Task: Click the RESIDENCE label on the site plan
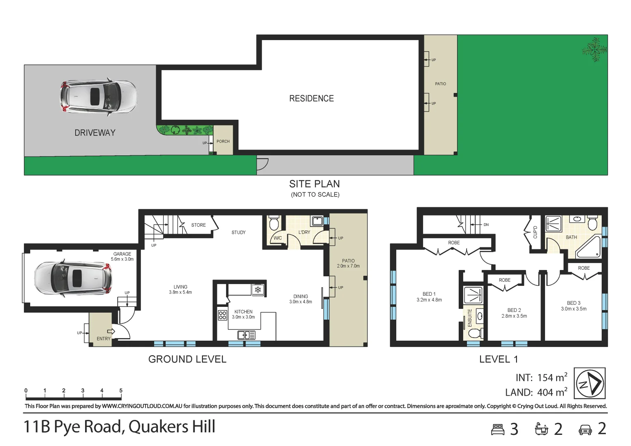tap(312, 98)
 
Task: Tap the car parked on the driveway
tap(99, 97)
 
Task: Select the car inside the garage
tap(73, 278)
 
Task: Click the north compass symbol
tap(590, 383)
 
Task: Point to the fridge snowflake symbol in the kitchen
tap(258, 289)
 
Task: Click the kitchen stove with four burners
tap(223, 315)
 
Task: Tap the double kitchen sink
tap(246, 335)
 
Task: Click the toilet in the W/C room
tap(274, 223)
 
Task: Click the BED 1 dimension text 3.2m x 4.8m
tap(429, 300)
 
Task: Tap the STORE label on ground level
tap(198, 225)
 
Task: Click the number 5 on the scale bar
tap(121, 391)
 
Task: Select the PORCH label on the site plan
tap(223, 141)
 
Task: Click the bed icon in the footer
tap(498, 429)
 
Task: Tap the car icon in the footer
tap(586, 429)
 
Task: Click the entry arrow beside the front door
tap(111, 331)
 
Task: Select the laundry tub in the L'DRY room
tap(317, 221)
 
